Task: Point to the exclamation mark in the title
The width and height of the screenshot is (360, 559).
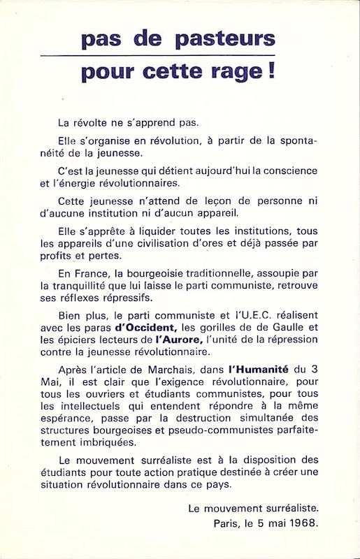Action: pos(270,71)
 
